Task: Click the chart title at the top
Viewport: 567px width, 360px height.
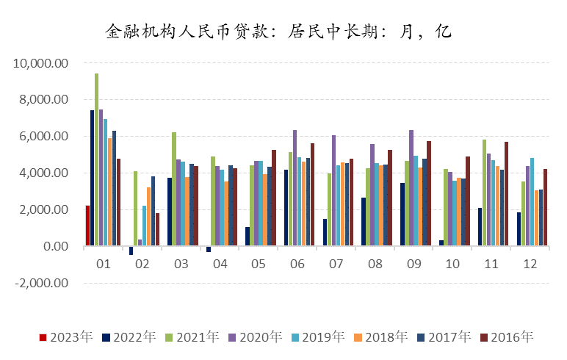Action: [x=278, y=32]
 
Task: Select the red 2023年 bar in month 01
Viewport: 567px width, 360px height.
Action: [x=87, y=226]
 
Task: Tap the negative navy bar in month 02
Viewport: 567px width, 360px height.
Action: [x=131, y=251]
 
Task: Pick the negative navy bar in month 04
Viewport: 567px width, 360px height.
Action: [x=209, y=249]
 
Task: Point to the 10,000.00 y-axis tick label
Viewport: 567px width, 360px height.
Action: [x=41, y=63]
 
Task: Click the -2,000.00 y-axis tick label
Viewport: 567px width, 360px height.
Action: [x=40, y=283]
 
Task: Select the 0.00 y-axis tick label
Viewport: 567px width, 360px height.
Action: [x=51, y=246]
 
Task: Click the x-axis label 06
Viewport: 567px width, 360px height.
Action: [x=298, y=263]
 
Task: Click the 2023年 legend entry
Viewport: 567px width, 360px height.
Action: [x=66, y=337]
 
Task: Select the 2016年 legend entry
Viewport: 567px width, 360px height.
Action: [x=507, y=337]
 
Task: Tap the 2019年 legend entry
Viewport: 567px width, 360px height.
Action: [x=318, y=337]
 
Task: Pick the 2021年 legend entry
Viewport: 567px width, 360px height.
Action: [x=192, y=337]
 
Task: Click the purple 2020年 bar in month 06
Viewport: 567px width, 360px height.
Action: [x=295, y=188]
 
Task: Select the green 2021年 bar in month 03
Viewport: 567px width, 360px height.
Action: [x=174, y=190]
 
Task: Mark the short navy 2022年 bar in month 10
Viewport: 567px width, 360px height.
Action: [x=441, y=243]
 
